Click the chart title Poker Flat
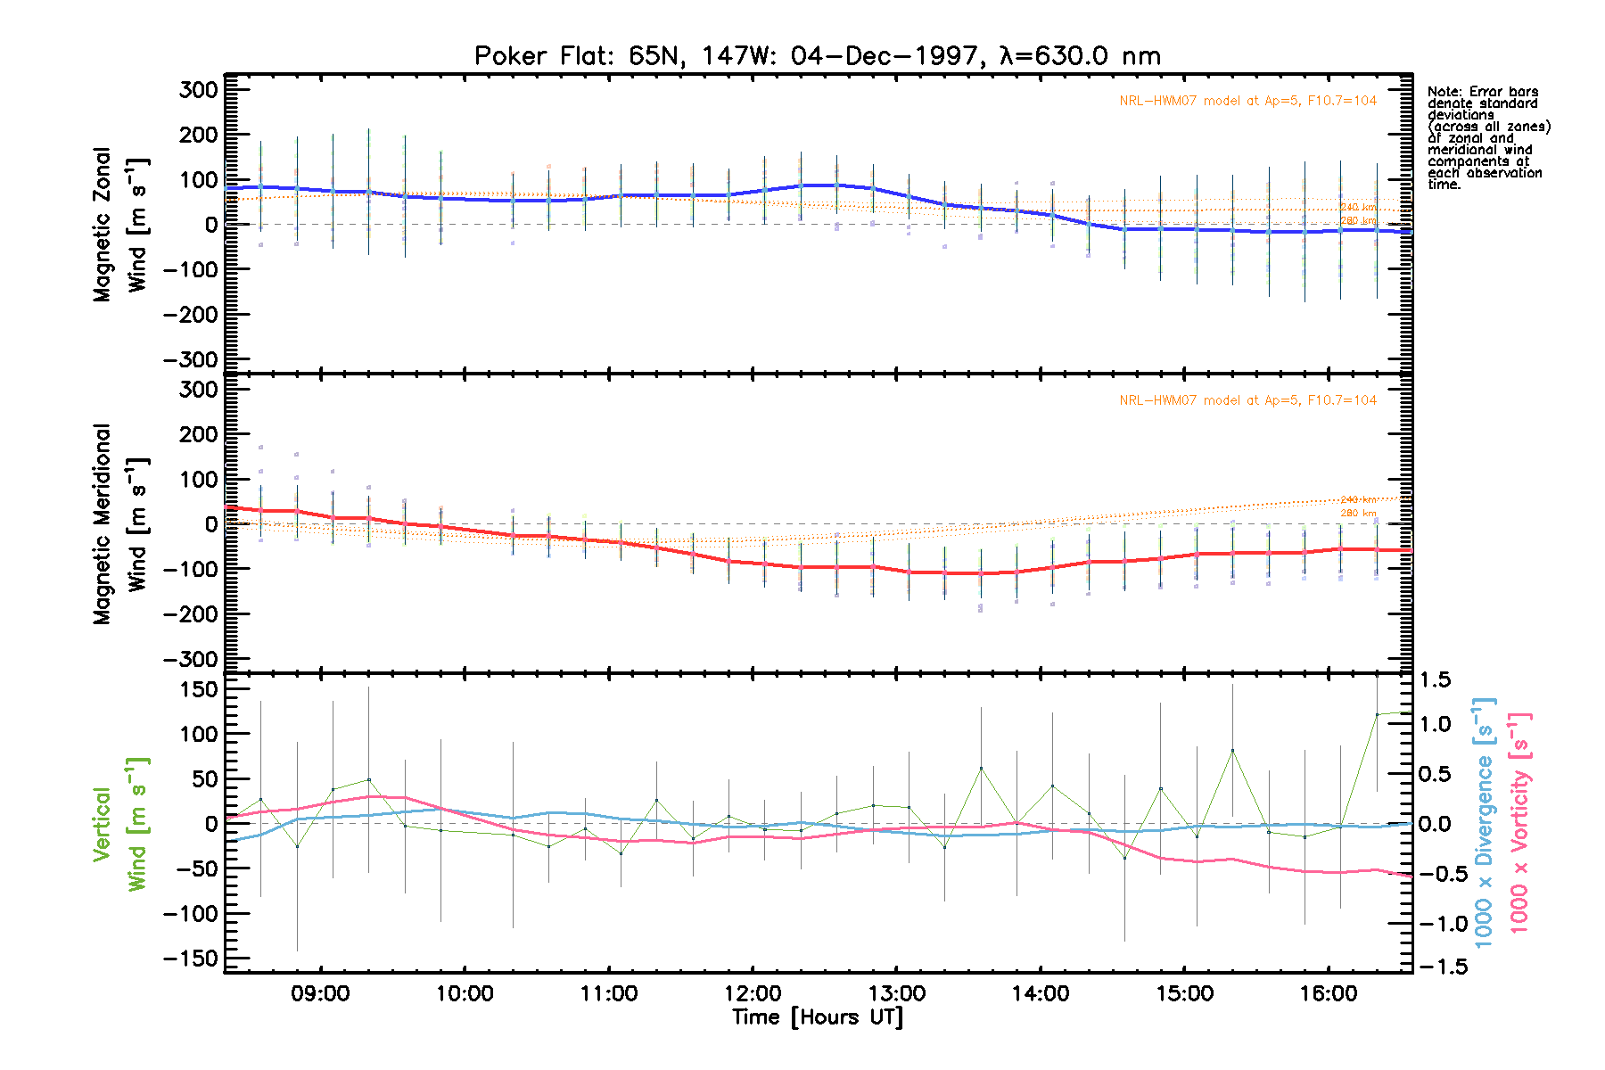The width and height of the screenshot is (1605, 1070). (817, 56)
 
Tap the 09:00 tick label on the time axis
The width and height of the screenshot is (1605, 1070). (320, 993)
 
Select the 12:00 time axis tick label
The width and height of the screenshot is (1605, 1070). (753, 993)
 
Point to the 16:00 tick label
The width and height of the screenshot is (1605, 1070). (1329, 993)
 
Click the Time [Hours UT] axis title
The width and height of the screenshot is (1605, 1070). (817, 1017)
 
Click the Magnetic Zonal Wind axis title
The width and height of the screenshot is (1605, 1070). (120, 225)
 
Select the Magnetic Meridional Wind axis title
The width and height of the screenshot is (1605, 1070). (120, 524)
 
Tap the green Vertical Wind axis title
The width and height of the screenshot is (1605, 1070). (120, 824)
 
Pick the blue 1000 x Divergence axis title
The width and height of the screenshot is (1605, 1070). (1484, 824)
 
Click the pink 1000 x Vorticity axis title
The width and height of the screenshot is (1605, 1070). (1519, 824)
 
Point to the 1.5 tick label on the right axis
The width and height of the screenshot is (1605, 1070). (1435, 680)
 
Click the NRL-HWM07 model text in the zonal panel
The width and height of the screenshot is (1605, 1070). (1247, 101)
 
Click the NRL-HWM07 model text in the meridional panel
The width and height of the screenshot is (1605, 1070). (1247, 400)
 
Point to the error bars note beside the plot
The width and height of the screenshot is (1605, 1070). (1488, 138)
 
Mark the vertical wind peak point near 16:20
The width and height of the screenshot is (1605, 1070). (1377, 714)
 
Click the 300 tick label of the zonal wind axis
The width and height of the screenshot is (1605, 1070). (199, 90)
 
